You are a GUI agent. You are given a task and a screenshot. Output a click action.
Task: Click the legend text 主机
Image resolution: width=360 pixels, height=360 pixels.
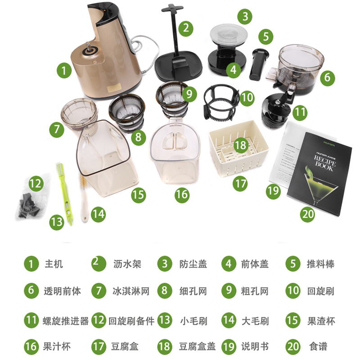point(54,264)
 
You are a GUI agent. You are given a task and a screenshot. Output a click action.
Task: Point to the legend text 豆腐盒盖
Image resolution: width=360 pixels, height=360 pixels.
point(197,347)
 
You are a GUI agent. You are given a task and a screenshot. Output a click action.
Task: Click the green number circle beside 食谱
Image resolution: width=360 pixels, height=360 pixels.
point(293,346)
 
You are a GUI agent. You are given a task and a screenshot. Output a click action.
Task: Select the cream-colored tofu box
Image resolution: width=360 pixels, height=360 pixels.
point(238,155)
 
